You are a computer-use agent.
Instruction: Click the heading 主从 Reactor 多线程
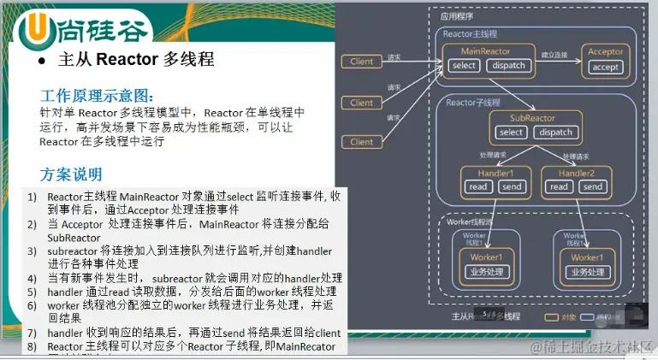tap(135, 60)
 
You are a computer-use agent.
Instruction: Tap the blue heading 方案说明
tap(71, 174)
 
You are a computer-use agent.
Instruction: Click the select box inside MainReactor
tap(464, 66)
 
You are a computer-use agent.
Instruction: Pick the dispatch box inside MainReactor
tap(509, 66)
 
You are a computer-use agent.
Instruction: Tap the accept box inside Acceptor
tap(605, 67)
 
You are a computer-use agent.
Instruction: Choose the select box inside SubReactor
tap(511, 133)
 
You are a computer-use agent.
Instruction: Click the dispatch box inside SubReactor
tap(556, 133)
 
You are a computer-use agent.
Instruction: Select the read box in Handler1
tap(478, 187)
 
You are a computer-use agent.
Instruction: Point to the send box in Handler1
tap(512, 187)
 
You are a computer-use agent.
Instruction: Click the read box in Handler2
tap(559, 187)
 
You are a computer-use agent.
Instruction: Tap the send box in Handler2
tap(593, 187)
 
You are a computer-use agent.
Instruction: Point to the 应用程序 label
tap(456, 15)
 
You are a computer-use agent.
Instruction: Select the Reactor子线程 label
tap(472, 103)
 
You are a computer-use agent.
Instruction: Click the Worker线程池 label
tap(470, 221)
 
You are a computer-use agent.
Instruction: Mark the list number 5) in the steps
tap(32, 291)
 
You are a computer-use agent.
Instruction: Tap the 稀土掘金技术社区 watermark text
tap(591, 347)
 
